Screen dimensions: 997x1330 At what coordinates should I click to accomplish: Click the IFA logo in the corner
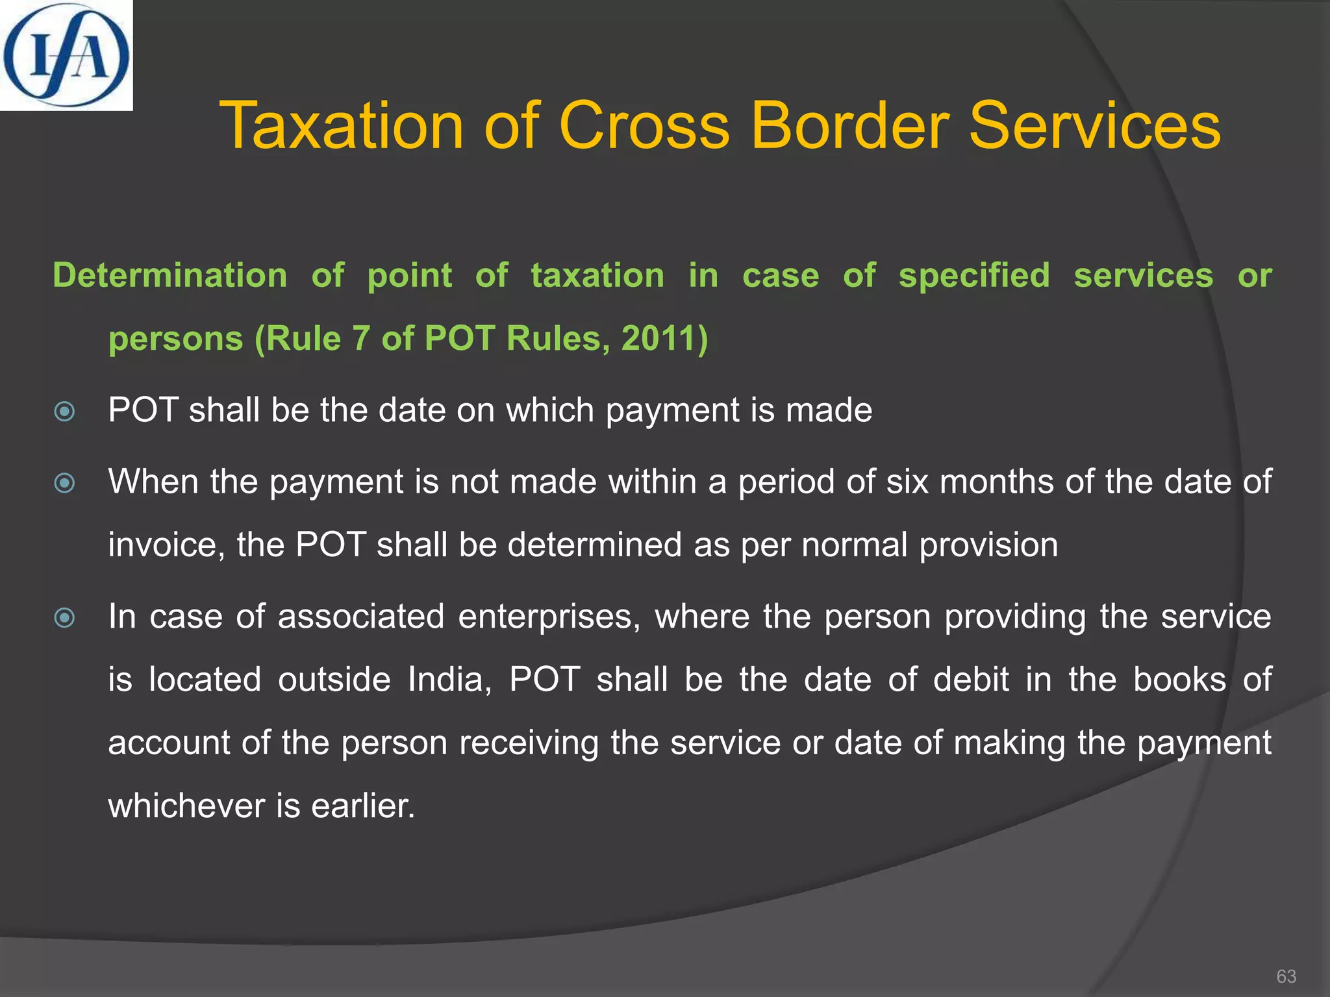(x=66, y=55)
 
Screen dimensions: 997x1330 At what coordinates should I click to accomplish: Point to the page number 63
(x=1286, y=976)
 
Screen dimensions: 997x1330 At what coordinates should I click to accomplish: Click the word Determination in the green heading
(x=170, y=275)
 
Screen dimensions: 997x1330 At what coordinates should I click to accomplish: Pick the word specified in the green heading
(x=974, y=275)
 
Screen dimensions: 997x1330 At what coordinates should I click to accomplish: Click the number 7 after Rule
(x=360, y=338)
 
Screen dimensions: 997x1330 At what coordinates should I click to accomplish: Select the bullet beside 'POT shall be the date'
(x=65, y=412)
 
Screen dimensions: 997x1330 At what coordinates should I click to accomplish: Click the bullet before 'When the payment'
(x=65, y=483)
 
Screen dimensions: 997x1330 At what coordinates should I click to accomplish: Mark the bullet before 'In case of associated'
(x=65, y=617)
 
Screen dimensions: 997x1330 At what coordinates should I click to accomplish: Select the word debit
(x=971, y=680)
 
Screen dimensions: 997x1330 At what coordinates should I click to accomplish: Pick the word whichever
(x=187, y=806)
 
